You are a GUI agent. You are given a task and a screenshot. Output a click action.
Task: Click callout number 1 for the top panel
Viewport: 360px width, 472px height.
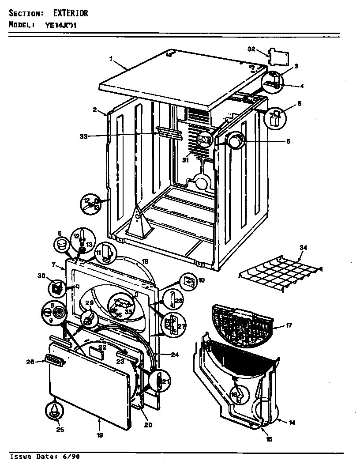pos(111,58)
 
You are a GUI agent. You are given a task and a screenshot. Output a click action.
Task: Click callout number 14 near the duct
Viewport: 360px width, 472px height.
pos(292,423)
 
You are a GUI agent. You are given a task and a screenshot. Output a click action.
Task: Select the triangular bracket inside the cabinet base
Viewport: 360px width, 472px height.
pos(138,220)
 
